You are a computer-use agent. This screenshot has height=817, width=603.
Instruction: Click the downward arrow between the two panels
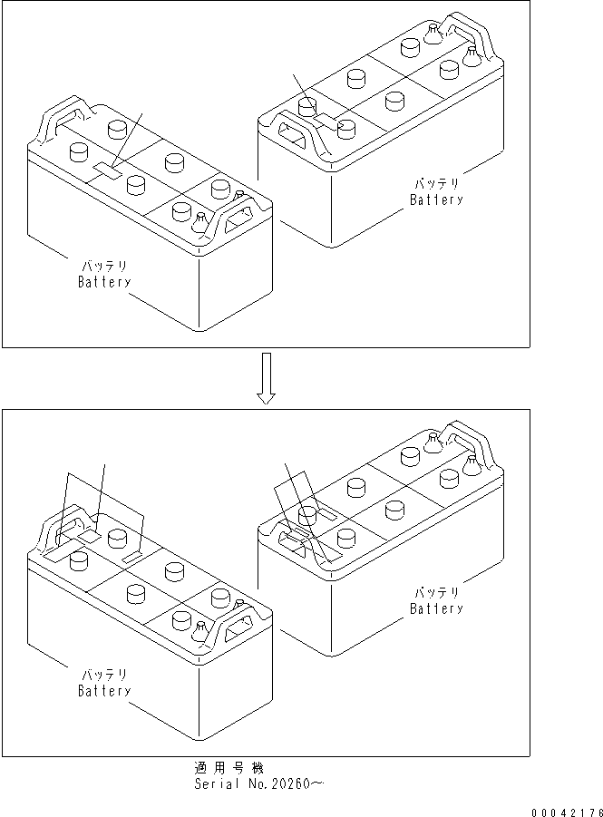265,378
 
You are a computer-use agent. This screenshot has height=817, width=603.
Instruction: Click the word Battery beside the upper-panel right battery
436,199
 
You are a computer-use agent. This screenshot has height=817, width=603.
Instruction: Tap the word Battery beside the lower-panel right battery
436,608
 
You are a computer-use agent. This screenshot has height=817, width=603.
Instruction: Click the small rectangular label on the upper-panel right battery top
325,118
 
